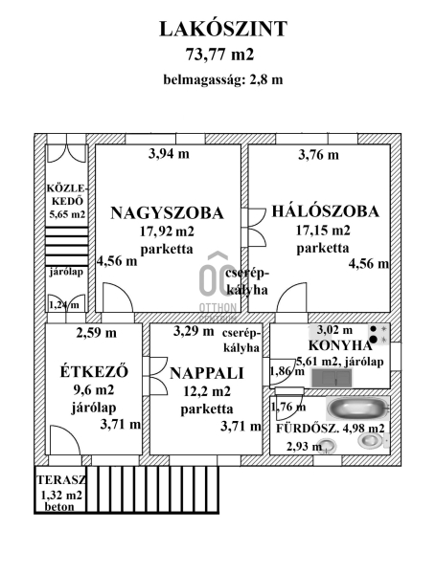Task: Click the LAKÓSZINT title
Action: point(223,30)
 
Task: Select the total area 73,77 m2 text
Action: point(219,55)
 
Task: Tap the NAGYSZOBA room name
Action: point(167,213)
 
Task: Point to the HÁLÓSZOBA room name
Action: point(325,211)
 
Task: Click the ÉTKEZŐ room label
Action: point(94,371)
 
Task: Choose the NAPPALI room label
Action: point(207,373)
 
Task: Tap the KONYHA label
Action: point(340,345)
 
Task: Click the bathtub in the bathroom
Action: point(357,408)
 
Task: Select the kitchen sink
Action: point(332,378)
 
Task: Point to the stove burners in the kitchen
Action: point(379,334)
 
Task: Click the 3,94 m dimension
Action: point(169,154)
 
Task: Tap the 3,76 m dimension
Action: point(318,155)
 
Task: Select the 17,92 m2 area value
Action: point(167,232)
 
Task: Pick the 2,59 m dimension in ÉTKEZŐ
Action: point(97,333)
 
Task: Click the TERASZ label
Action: point(61,479)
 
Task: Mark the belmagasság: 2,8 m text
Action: point(223,79)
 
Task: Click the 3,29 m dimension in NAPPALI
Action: point(194,331)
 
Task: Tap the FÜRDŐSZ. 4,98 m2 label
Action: point(330,429)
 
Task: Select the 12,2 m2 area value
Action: point(207,391)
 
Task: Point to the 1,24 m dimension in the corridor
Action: point(64,305)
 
